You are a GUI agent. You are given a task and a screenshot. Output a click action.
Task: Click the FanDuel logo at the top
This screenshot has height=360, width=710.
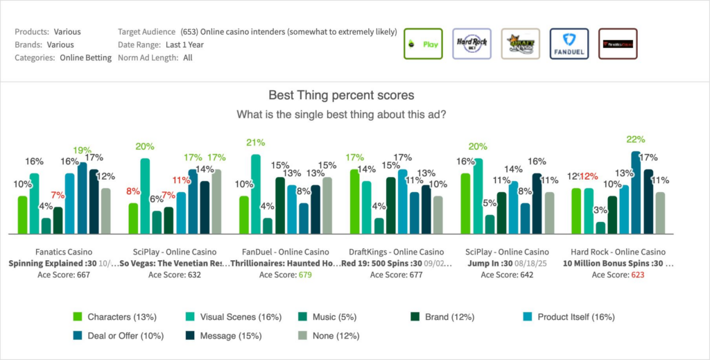[569, 44]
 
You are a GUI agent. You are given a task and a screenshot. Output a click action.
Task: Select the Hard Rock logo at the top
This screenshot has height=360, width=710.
[471, 44]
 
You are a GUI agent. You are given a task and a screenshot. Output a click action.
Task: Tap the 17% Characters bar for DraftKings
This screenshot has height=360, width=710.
[355, 202]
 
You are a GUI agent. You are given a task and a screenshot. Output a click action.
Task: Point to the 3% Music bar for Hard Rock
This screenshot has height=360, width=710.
[600, 228]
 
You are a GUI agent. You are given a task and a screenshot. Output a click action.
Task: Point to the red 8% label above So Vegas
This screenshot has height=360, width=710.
[133, 191]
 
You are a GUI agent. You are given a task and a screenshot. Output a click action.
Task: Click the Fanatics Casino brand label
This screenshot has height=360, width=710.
[64, 251]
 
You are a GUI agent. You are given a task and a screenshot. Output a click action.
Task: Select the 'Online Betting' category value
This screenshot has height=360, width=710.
[85, 58]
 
